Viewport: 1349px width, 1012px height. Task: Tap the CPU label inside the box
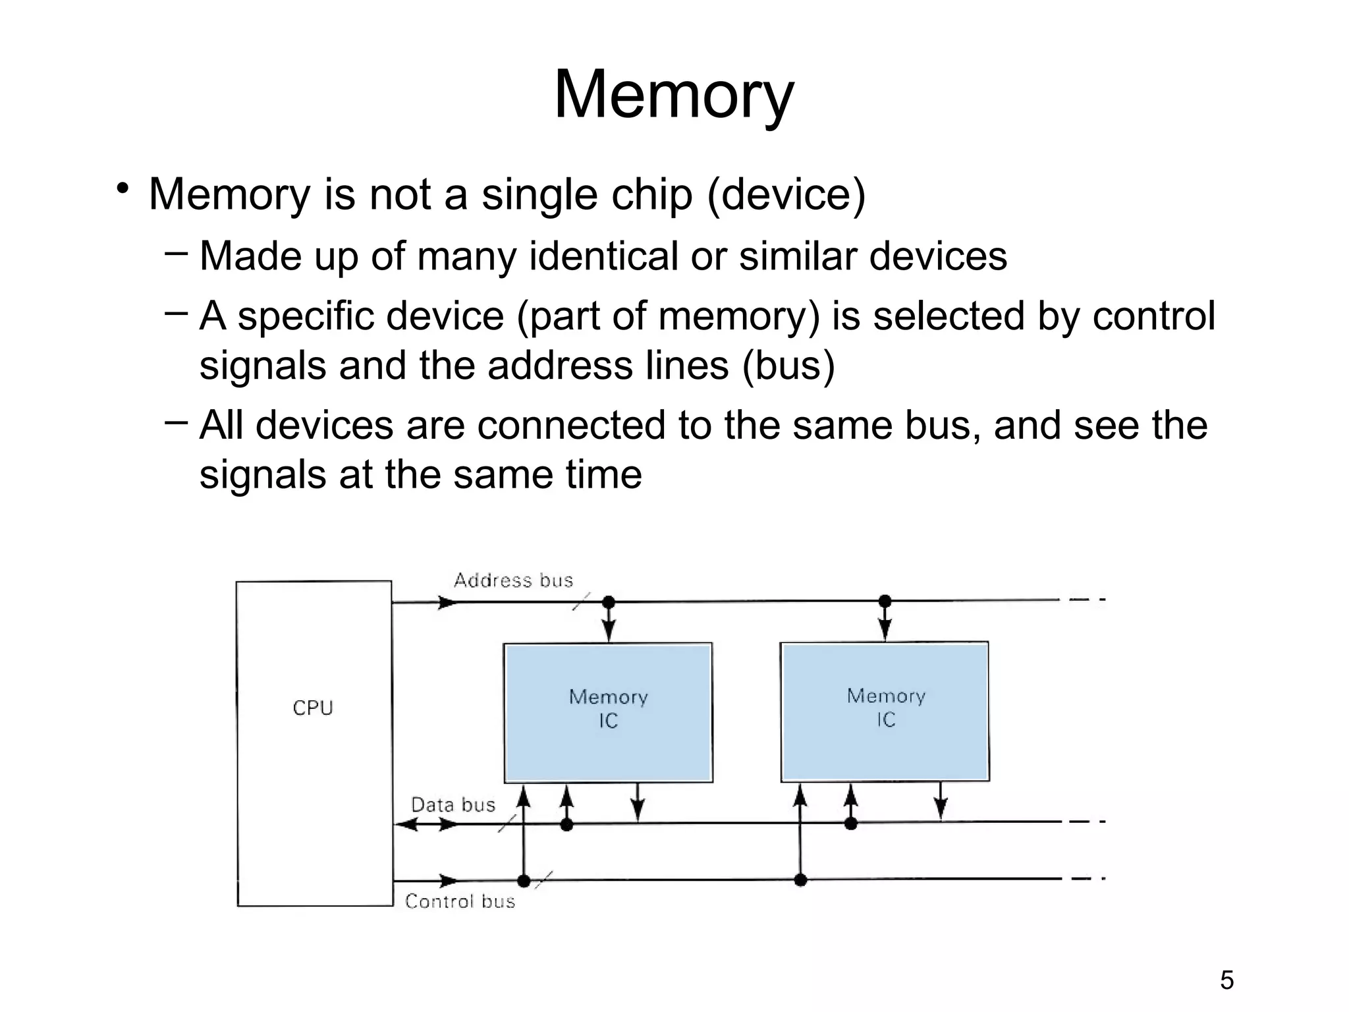click(x=313, y=708)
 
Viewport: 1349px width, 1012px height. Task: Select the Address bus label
click(x=513, y=580)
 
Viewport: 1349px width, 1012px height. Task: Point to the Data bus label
click(x=453, y=804)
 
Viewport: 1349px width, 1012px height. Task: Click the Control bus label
click(x=460, y=901)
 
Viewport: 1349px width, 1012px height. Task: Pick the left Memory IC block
click(x=608, y=712)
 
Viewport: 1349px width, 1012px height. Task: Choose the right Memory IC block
click(x=885, y=711)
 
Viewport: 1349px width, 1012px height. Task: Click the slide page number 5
click(x=1226, y=980)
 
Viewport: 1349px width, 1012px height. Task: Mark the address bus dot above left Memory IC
click(x=609, y=602)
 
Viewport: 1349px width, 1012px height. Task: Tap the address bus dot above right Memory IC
click(x=885, y=601)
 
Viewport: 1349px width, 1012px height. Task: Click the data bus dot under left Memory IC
click(x=566, y=824)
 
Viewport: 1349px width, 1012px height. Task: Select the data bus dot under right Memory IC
click(x=851, y=824)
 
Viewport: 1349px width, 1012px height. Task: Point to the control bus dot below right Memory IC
click(x=800, y=880)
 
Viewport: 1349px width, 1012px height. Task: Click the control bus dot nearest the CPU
click(x=524, y=881)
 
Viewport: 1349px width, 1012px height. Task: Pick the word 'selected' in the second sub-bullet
click(x=949, y=316)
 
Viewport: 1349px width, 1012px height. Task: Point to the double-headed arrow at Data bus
click(x=427, y=824)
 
